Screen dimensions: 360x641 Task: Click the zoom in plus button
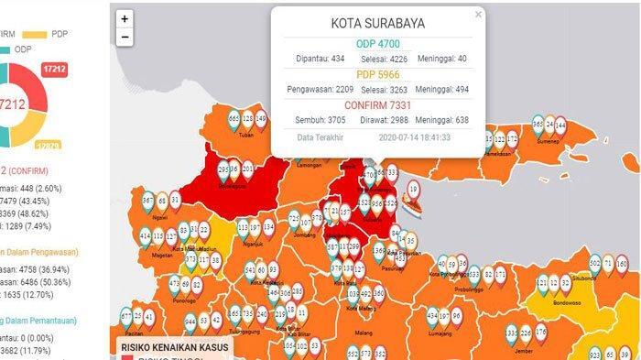124,17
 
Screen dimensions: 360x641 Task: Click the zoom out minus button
124,37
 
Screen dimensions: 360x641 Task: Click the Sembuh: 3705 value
320,120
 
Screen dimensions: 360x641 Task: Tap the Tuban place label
245,136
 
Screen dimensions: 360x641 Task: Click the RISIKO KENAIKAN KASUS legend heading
175,348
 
